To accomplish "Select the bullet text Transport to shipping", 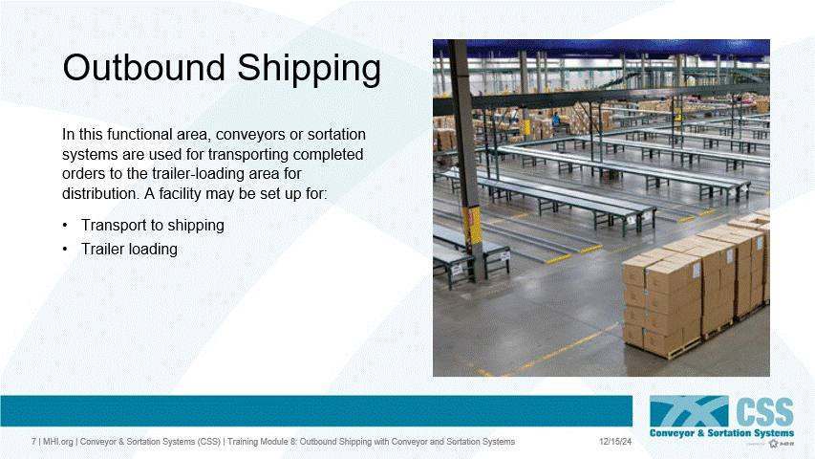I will [152, 226].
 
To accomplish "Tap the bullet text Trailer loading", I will [129, 250].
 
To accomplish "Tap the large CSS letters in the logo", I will [764, 412].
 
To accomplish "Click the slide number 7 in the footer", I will [33, 442].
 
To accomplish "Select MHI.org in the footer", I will [56, 442].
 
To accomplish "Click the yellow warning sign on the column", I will [472, 226].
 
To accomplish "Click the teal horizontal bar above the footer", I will [315, 410].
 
